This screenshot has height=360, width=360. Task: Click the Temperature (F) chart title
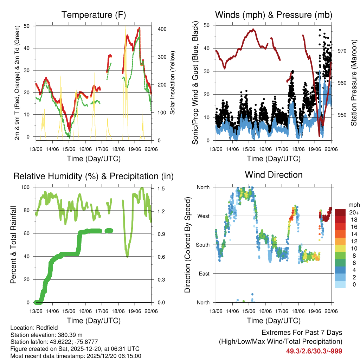94,15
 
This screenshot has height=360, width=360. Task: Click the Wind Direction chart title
274,174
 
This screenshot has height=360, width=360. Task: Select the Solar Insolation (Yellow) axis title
173,83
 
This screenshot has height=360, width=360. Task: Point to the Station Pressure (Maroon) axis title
354,83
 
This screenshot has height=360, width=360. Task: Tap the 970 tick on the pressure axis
342,51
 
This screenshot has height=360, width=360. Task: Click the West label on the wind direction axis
203,216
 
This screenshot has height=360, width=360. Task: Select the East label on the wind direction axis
204,274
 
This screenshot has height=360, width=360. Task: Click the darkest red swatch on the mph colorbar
340,212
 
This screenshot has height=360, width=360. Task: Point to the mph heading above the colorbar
353,205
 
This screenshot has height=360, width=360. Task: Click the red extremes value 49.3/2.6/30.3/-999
314,351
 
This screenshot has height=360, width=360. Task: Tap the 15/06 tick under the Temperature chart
69,149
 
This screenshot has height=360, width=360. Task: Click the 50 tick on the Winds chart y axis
207,25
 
